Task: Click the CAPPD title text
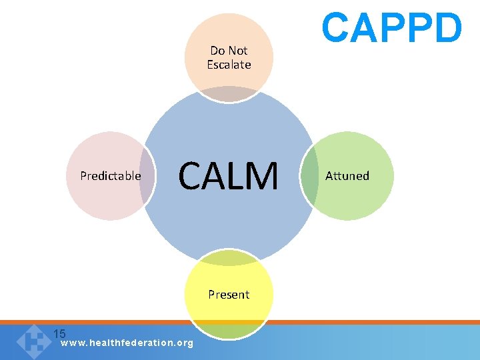coord(391,28)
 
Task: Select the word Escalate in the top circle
coord(229,65)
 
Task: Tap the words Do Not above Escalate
coord(229,51)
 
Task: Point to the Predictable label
coord(111,176)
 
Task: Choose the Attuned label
coord(347,176)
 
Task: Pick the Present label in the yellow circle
coord(229,294)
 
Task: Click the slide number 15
coord(59,333)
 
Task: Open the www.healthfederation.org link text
coord(127,343)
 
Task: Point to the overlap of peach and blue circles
coord(229,94)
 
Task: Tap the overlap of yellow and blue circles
coord(229,258)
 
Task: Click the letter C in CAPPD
coord(336,28)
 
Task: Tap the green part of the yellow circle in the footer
coord(229,331)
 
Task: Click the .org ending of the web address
coord(183,343)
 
